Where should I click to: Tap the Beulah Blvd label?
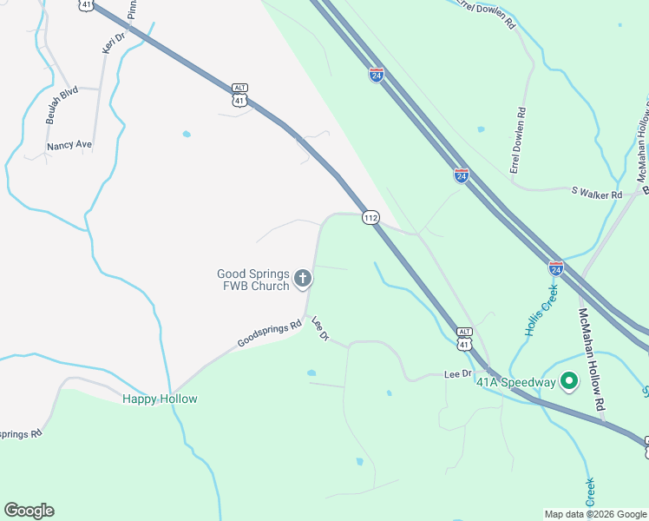point(62,104)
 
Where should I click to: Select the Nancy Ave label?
point(69,145)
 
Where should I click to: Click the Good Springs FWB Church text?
point(252,280)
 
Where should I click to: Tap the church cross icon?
point(303,279)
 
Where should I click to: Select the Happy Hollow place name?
point(160,399)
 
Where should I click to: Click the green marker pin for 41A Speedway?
point(569,380)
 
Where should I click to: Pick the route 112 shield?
point(370,217)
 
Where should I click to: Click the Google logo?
point(29,511)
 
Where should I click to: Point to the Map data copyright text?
point(595,514)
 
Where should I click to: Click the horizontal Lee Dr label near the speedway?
point(457,374)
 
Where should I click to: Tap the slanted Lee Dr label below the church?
point(321,328)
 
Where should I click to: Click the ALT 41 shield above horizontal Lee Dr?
point(464,340)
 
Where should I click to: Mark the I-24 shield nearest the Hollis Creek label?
point(556,268)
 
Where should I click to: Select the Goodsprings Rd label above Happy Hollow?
point(269,333)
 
